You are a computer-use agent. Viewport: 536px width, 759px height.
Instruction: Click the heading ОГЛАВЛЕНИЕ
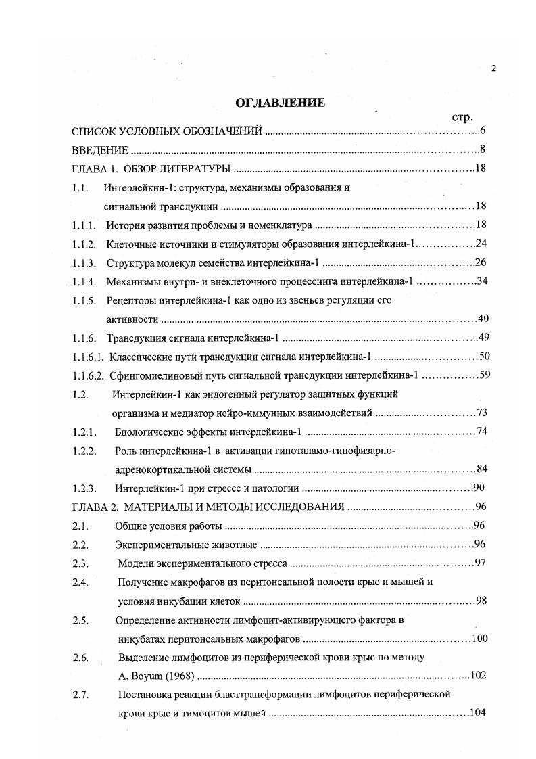coord(280,103)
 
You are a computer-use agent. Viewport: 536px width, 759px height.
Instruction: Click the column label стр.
coord(462,117)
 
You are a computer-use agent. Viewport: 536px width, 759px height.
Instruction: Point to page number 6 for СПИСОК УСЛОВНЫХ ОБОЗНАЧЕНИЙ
coord(483,131)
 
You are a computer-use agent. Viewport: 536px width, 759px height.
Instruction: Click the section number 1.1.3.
coord(84,262)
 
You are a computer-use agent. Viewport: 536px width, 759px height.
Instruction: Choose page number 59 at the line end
coord(484,375)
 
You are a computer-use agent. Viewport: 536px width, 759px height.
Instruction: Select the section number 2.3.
coord(80,563)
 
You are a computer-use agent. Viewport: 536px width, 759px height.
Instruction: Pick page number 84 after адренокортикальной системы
coord(482,469)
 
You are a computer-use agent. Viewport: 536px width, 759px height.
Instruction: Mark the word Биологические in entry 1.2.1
coord(149,432)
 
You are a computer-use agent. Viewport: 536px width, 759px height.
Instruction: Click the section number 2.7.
coord(80,694)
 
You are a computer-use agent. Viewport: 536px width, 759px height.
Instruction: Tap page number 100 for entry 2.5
coord(479,638)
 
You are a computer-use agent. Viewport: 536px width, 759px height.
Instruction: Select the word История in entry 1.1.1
coord(126,225)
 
